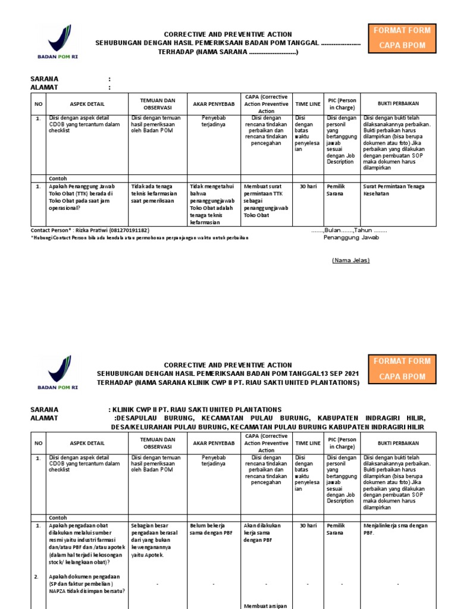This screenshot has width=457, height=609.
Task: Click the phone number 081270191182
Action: click(129, 230)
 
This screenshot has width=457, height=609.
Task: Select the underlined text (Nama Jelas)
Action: click(350, 260)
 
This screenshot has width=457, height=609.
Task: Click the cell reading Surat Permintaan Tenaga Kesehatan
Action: click(393, 190)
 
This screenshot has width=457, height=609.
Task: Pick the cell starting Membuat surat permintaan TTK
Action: click(266, 201)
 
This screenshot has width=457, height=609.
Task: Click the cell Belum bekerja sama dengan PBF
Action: click(212, 529)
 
